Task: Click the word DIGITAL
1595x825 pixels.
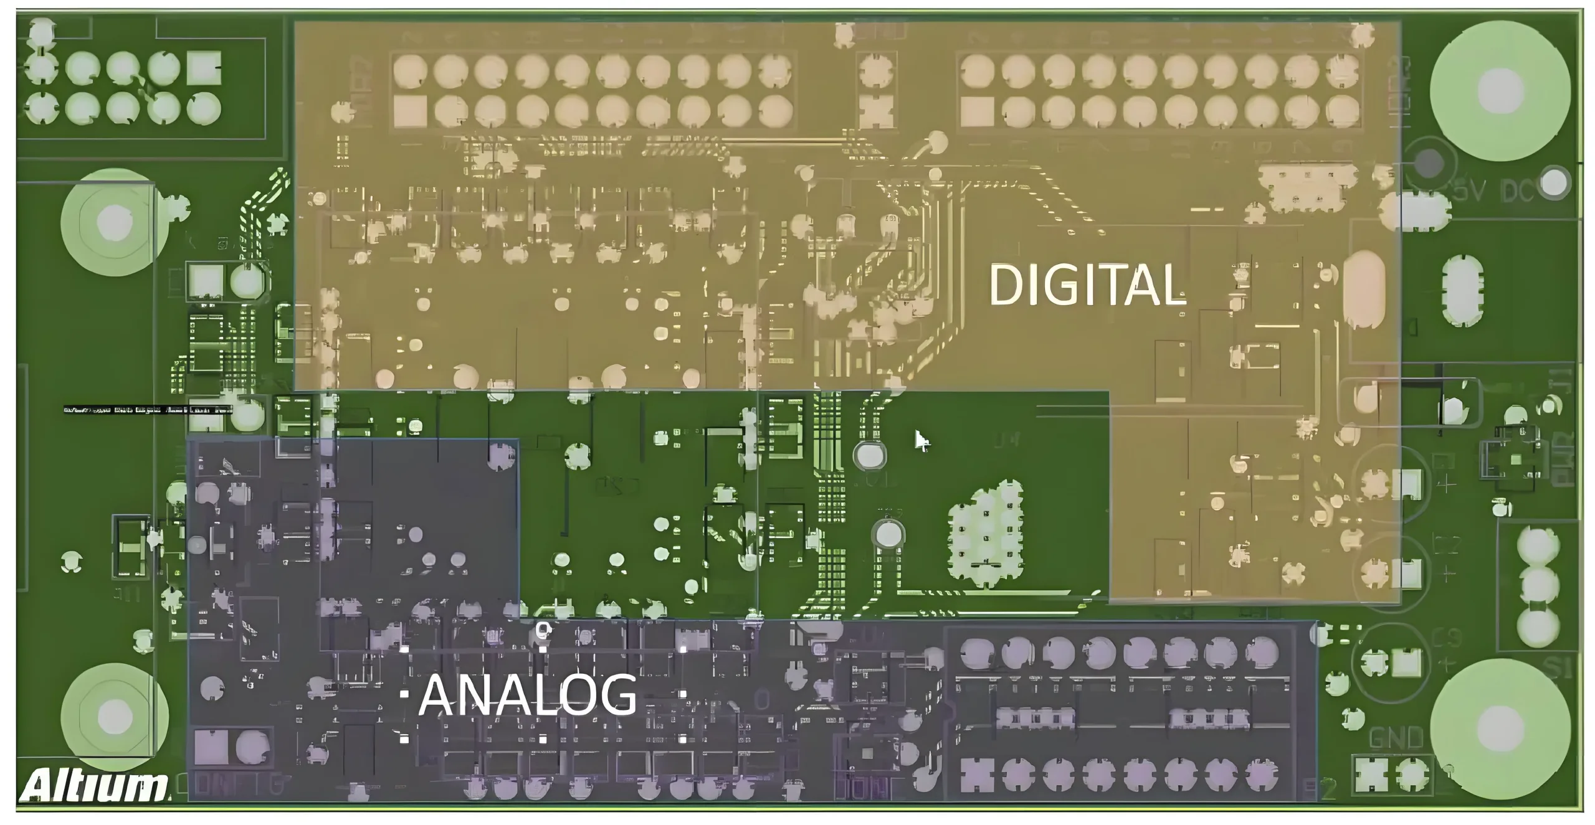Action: click(x=1087, y=285)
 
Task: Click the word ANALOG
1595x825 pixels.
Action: click(x=528, y=695)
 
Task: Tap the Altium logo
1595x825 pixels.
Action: click(x=93, y=785)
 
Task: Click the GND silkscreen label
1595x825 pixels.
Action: click(x=1396, y=739)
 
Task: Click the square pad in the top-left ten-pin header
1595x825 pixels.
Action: click(x=204, y=68)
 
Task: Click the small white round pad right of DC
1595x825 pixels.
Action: click(x=1555, y=182)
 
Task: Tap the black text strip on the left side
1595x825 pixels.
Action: click(x=148, y=410)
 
